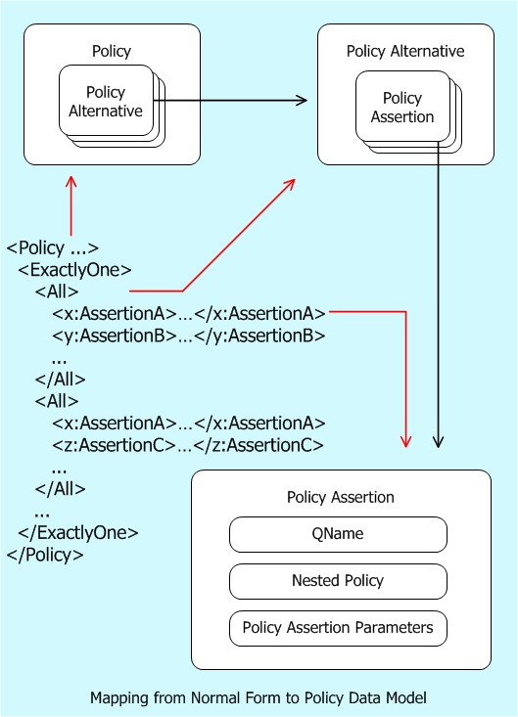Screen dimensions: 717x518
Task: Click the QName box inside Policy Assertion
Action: pyautogui.click(x=338, y=534)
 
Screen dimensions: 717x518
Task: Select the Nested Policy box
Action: pyautogui.click(x=338, y=581)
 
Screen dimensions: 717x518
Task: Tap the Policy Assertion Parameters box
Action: pyautogui.click(x=338, y=628)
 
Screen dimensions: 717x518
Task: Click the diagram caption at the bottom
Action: pyautogui.click(x=259, y=698)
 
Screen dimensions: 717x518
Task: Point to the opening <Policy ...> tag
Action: pyautogui.click(x=53, y=248)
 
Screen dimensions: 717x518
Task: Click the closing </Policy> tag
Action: pyautogui.click(x=45, y=555)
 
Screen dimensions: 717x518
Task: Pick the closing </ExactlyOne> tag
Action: pyautogui.click(x=78, y=533)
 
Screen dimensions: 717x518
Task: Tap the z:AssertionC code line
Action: pyautogui.click(x=188, y=445)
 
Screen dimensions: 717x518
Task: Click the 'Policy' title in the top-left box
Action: pyautogui.click(x=111, y=51)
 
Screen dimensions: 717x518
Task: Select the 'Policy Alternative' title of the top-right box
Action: pyautogui.click(x=405, y=51)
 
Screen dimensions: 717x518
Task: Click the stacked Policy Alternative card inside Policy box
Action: pyautogui.click(x=106, y=101)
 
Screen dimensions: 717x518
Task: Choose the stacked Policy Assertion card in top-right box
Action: pyautogui.click(x=401, y=108)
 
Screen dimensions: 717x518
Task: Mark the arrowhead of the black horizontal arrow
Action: pyautogui.click(x=302, y=100)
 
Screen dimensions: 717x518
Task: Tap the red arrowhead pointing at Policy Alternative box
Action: pyautogui.click(x=291, y=184)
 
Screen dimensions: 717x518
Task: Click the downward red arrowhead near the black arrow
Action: pyautogui.click(x=404, y=443)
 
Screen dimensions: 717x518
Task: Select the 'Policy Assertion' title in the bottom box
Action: pyautogui.click(x=340, y=497)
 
